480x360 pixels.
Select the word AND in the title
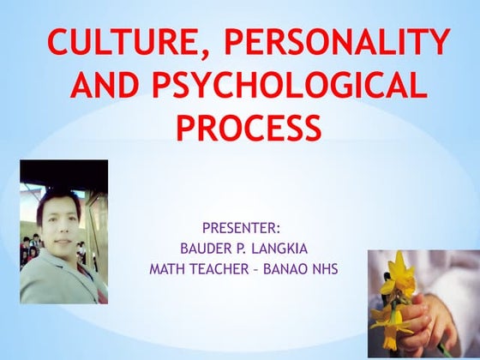pyautogui.click(x=106, y=86)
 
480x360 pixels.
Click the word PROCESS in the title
pyautogui.click(x=249, y=129)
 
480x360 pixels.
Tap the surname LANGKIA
pyautogui.click(x=280, y=249)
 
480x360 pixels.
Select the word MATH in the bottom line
pyautogui.click(x=169, y=269)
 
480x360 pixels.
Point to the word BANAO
pyautogui.click(x=289, y=269)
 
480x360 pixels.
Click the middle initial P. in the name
pyautogui.click(x=239, y=249)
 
